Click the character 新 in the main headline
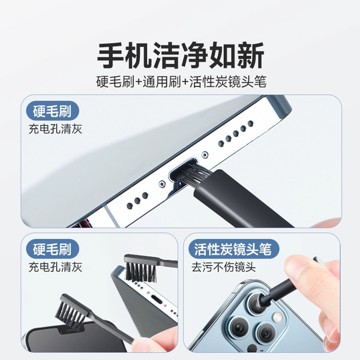click(x=251, y=55)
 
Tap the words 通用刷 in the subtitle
click(x=161, y=82)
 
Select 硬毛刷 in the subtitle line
click(x=115, y=82)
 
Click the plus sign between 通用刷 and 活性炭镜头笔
click(x=185, y=82)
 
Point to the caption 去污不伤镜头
click(x=223, y=267)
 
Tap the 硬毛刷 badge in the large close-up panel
click(x=52, y=111)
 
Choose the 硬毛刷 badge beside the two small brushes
click(x=52, y=249)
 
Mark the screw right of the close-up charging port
click(x=205, y=155)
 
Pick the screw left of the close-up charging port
click(x=163, y=184)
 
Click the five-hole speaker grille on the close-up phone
click(x=236, y=133)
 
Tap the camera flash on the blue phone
click(x=277, y=317)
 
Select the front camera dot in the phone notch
click(x=61, y=331)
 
